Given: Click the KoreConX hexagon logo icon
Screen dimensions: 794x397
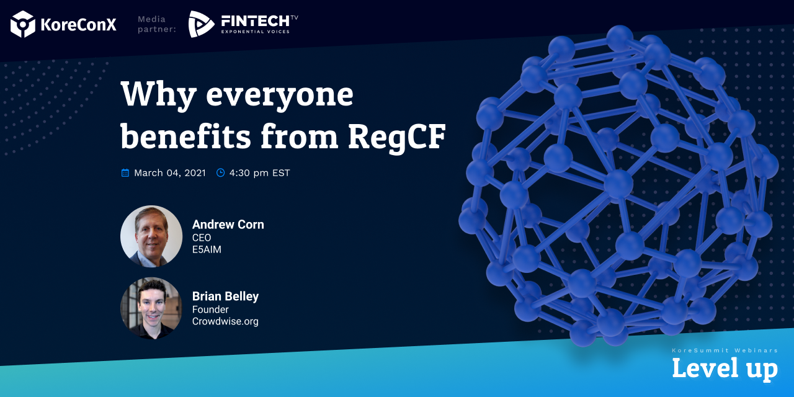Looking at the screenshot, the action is (23, 24).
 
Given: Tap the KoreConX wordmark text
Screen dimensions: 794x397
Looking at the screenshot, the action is (78, 24).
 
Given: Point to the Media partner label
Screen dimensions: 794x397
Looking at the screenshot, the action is (157, 24).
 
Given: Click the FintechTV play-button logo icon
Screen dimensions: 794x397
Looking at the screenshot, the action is (201, 24).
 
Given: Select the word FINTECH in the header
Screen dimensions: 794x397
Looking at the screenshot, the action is (255, 21).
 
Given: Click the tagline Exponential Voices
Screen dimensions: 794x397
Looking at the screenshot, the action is (255, 32).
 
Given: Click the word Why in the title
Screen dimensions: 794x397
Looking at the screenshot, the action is (158, 94).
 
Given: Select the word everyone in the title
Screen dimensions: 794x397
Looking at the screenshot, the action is (280, 96).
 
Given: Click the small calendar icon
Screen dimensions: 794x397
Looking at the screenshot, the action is (125, 172).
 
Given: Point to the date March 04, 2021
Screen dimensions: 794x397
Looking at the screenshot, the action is (170, 172).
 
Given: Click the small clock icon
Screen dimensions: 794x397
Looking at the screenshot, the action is (220, 172).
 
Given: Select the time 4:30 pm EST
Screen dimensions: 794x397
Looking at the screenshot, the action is (259, 172).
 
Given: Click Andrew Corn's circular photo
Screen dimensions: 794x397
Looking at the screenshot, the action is (151, 236).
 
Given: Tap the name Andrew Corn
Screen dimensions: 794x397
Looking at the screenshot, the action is (228, 225).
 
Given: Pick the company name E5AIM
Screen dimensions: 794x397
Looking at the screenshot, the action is (207, 249).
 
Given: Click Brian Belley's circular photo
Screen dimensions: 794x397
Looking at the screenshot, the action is (151, 308).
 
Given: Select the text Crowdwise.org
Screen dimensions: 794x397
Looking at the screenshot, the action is (225, 321).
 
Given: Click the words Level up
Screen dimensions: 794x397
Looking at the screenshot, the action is (725, 369).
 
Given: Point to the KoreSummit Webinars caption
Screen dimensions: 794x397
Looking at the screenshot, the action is (725, 350).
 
